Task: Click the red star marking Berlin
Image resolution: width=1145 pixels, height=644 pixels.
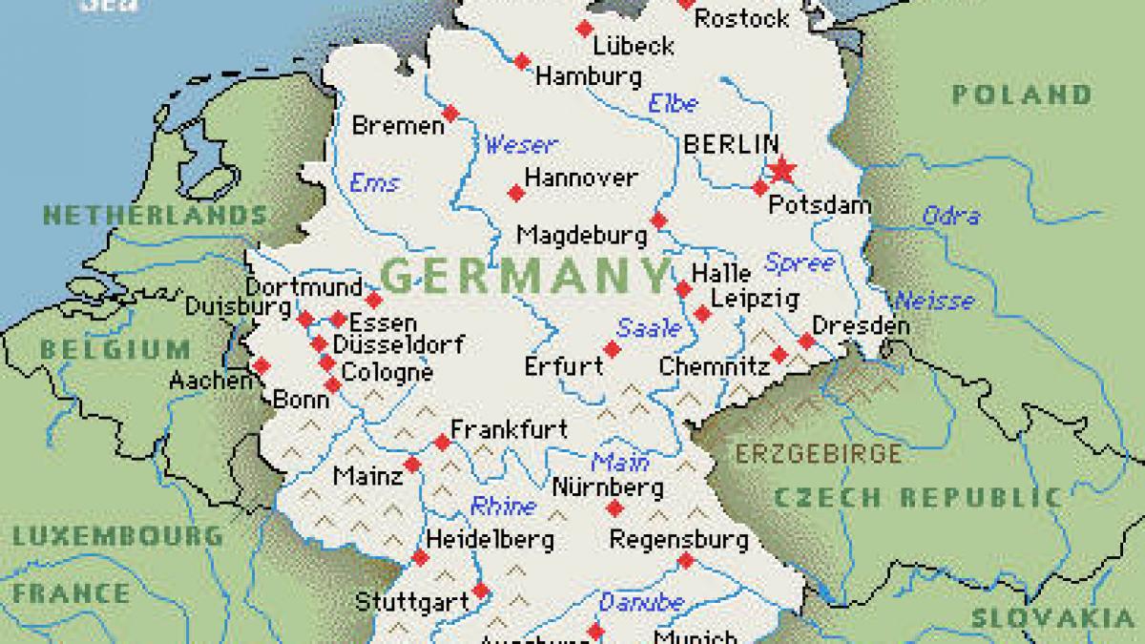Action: coord(781,170)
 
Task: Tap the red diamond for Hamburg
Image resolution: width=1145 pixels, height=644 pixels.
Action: coord(522,62)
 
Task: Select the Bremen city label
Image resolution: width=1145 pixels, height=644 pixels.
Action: coord(398,125)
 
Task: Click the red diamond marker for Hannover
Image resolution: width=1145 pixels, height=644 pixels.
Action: coord(516,193)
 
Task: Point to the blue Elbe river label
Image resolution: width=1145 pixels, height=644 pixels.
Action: coord(673,103)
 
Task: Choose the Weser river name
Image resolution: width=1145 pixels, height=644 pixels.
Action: coord(520,145)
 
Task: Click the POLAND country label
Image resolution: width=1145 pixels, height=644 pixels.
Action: coord(1022,94)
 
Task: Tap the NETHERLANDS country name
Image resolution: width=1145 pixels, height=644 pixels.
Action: coord(155,215)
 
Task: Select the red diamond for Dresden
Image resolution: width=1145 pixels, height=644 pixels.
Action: coord(806,341)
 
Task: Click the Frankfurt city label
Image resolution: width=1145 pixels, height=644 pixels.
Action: coord(509,429)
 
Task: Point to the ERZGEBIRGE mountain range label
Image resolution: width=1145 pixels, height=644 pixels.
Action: coord(817,453)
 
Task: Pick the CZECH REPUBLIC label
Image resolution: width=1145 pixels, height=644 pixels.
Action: coord(917,497)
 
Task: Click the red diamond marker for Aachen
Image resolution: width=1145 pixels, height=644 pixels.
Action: coord(260,364)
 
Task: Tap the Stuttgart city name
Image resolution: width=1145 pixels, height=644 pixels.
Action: coord(411,602)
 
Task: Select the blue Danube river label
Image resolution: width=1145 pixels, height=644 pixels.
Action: coord(641,602)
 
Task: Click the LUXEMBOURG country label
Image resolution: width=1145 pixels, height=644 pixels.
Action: coord(117,535)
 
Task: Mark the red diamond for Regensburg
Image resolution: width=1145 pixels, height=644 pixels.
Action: coord(685,561)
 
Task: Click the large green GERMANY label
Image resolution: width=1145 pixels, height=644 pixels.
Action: coord(526,276)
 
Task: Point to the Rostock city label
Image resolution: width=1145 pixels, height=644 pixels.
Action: coord(742,18)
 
